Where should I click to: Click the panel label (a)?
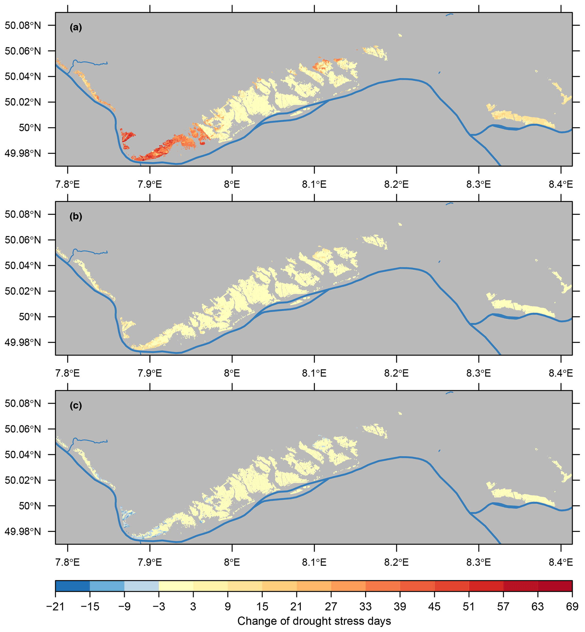[x=76, y=27]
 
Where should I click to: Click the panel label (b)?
[x=76, y=217]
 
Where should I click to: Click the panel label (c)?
[x=76, y=406]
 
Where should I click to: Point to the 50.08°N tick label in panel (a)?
[x=23, y=25]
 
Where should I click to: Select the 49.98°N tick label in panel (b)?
[x=23, y=342]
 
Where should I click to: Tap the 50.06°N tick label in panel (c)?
[x=23, y=429]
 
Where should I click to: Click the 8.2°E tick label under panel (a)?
[x=396, y=184]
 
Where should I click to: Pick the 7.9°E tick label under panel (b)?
[x=150, y=373]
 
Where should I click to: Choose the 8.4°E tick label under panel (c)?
[x=561, y=562]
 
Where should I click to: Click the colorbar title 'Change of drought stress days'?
[x=314, y=621]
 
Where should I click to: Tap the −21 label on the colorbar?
[x=55, y=607]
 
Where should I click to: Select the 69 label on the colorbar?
[x=572, y=607]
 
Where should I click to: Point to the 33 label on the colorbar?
[x=365, y=607]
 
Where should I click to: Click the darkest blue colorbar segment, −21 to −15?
[x=72, y=586]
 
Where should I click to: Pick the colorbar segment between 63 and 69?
[x=555, y=586]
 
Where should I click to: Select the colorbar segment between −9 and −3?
[x=142, y=586]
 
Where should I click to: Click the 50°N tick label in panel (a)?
[x=30, y=128]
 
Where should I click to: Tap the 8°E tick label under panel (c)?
[x=232, y=562]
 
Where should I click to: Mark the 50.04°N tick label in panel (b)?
[x=23, y=265]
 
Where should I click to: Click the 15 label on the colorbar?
[x=262, y=607]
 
